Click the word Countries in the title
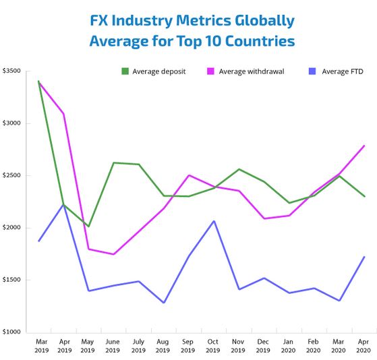[259, 41]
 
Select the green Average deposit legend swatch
[125, 71]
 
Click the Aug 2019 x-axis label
[163, 346]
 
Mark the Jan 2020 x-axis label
[289, 346]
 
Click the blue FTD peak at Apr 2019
[63, 204]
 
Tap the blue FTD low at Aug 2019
[163, 303]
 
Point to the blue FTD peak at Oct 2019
[214, 221]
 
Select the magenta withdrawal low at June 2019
[113, 254]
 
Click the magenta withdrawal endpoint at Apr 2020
[364, 146]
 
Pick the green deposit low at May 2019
[88, 227]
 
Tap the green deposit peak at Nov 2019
[239, 169]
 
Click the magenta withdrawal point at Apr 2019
[63, 114]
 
